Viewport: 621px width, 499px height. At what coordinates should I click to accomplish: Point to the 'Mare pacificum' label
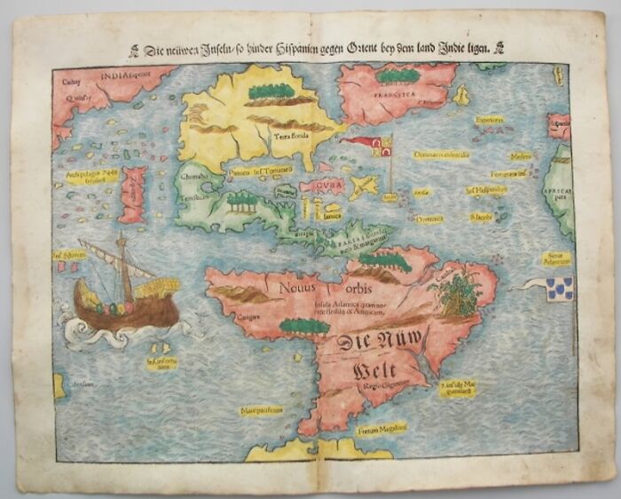point(259,410)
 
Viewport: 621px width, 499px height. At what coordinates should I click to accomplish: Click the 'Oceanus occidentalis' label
point(441,154)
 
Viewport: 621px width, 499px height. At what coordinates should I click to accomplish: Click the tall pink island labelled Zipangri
point(133,194)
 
